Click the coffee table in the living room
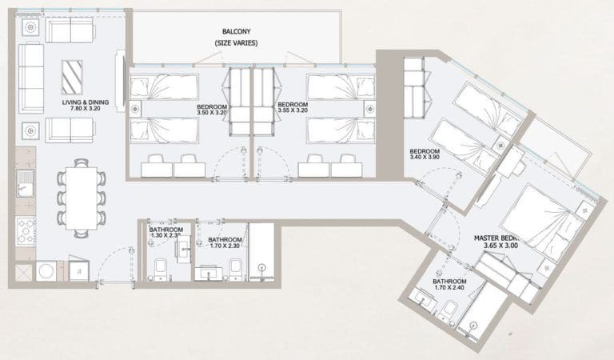coord(72,77)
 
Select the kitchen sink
coord(24,183)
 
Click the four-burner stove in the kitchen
coord(25,230)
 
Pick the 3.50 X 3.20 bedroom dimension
coord(212,114)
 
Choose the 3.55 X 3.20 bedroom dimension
coord(293,114)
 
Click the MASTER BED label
coord(496,238)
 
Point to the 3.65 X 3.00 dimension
coord(500,247)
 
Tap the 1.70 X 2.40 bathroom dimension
coord(449,292)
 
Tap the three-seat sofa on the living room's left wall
coord(30,78)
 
